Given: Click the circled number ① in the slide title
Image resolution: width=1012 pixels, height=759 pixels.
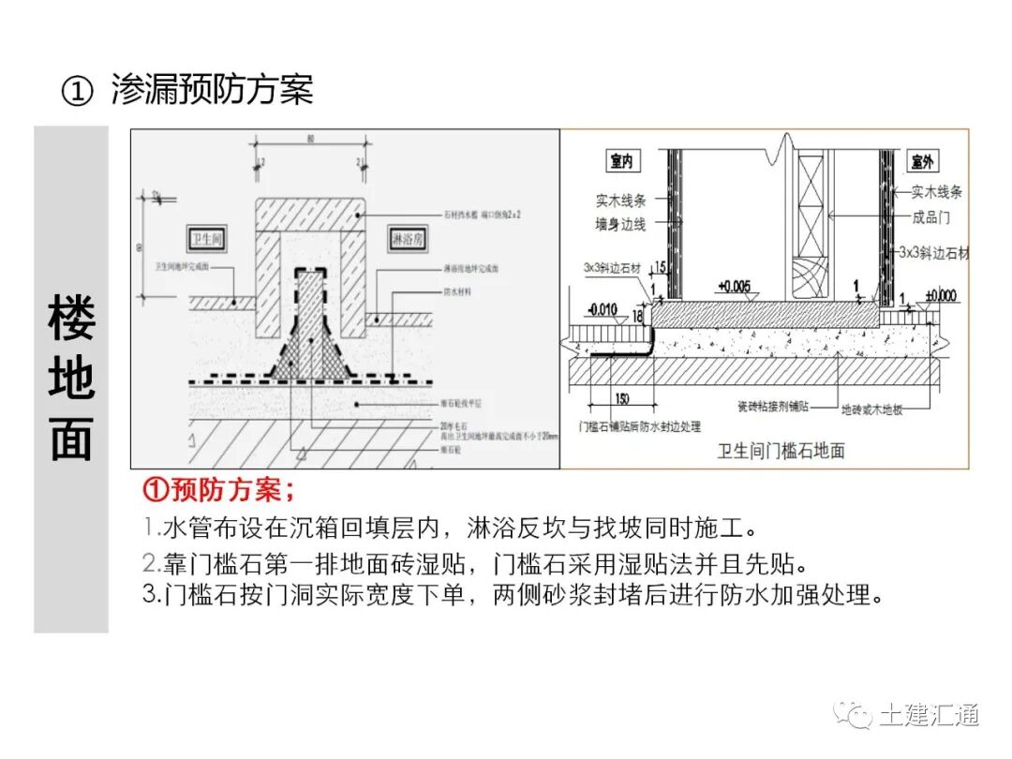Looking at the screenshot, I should [x=78, y=91].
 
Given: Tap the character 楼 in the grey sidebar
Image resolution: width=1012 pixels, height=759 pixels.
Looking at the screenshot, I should [x=71, y=318].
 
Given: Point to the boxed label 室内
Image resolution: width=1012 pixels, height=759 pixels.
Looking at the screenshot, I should [x=621, y=162].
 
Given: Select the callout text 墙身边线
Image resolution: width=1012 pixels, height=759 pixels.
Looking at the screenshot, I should [x=620, y=224].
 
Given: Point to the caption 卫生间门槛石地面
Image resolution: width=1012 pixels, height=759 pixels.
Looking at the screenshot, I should [x=781, y=452].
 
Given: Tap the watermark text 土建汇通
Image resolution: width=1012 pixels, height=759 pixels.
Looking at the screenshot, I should [x=929, y=715].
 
